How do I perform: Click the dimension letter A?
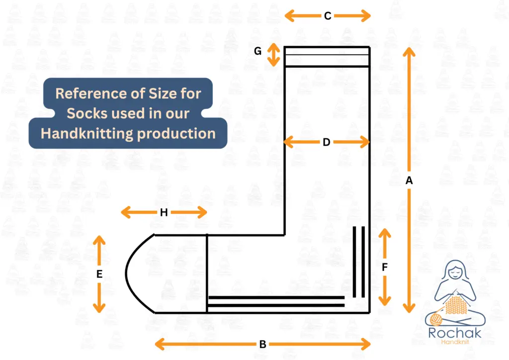click(x=409, y=181)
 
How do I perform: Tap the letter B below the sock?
click(x=262, y=344)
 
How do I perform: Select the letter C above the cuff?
click(x=328, y=16)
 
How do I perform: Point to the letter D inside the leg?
click(x=326, y=142)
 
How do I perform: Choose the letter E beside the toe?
click(x=99, y=273)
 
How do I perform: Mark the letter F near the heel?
click(x=385, y=267)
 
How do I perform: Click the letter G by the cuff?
click(x=257, y=51)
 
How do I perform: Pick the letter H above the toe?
click(x=164, y=213)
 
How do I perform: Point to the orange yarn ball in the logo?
click(x=437, y=318)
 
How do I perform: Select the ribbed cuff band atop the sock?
click(x=327, y=56)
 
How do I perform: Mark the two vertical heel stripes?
click(x=359, y=261)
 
